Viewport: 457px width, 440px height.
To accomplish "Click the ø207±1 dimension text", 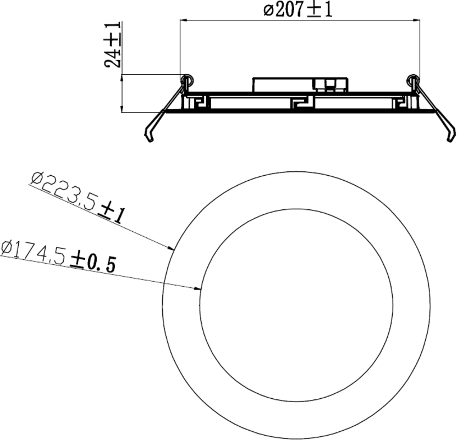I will click(298, 10).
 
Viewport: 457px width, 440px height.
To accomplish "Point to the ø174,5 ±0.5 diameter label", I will click(58, 257).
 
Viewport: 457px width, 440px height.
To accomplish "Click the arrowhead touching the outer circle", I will click(170, 248).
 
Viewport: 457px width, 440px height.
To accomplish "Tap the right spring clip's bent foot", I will click(450, 133).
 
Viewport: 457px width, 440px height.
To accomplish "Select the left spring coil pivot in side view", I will click(186, 80).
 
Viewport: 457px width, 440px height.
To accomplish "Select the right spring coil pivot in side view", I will click(412, 80).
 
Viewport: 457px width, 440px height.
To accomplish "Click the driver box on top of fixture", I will click(283, 85).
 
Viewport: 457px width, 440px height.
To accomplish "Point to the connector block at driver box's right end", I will click(331, 84).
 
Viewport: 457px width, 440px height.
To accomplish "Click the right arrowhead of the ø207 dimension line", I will click(415, 21).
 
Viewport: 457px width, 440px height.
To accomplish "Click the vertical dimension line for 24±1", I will click(122, 93).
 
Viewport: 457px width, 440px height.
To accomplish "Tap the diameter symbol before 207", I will click(268, 10).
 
